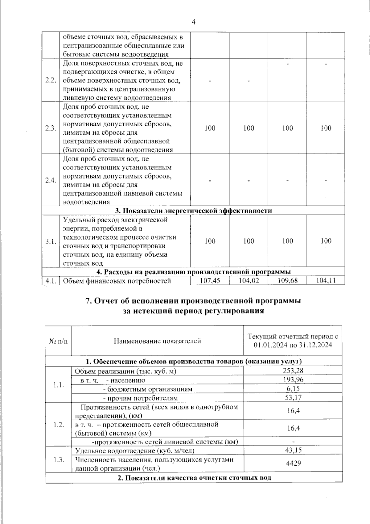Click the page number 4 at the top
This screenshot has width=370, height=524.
pos(193,22)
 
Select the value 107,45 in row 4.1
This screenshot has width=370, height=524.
pos(210,280)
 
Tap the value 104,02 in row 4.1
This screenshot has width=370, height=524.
pos(249,280)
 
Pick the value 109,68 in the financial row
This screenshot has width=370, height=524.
pos(287,280)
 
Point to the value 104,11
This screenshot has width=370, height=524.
pos(326,280)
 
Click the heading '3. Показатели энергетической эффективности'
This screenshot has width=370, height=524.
pos(193,211)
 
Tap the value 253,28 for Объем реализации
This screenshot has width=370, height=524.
pos(293,371)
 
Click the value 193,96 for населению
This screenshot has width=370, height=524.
pos(293,380)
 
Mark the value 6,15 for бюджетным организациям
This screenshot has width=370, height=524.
pos(293,388)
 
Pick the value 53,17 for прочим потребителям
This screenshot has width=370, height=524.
pos(293,397)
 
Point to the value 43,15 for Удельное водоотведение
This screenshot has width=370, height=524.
pos(293,450)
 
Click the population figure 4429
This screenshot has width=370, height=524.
pos(293,463)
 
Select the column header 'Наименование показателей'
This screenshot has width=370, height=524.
pos(157,341)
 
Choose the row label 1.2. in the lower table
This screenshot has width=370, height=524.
pos(58,424)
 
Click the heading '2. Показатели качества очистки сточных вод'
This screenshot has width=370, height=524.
pos(194,478)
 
